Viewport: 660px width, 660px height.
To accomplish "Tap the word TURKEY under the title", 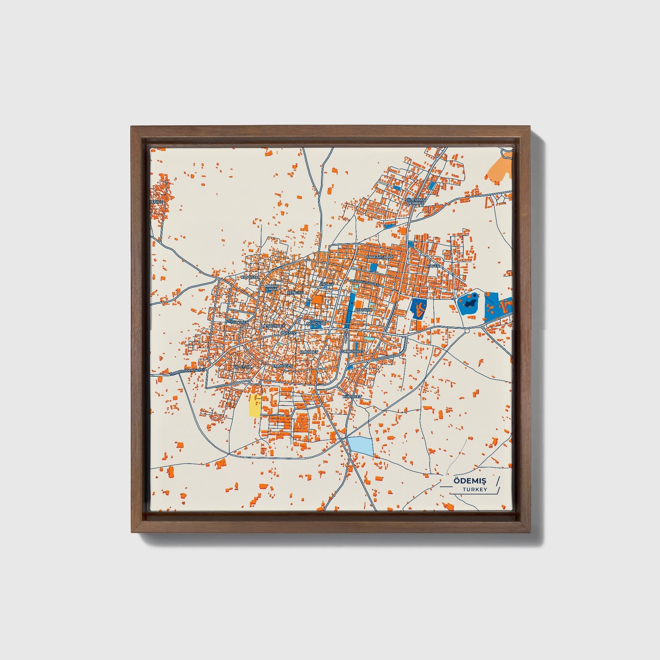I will (x=475, y=490).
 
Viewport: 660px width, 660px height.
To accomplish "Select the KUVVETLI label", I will (x=250, y=277).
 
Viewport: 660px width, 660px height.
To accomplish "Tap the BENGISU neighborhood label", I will (x=295, y=292).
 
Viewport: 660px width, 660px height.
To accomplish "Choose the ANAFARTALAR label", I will (x=379, y=258).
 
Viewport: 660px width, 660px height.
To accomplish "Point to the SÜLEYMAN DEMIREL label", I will (x=416, y=201).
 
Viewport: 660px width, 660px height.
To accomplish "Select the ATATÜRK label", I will (x=364, y=310).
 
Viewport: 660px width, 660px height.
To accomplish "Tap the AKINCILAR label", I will (x=316, y=323).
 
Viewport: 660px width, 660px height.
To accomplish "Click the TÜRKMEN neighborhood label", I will (x=240, y=322).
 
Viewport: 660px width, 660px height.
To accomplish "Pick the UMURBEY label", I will (x=309, y=352).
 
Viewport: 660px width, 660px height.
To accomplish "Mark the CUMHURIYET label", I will (x=353, y=351).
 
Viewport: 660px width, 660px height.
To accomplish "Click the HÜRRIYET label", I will (x=352, y=396).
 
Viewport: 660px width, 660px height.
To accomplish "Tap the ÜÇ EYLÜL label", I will (x=243, y=367).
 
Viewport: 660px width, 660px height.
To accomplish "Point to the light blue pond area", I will (x=360, y=445).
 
